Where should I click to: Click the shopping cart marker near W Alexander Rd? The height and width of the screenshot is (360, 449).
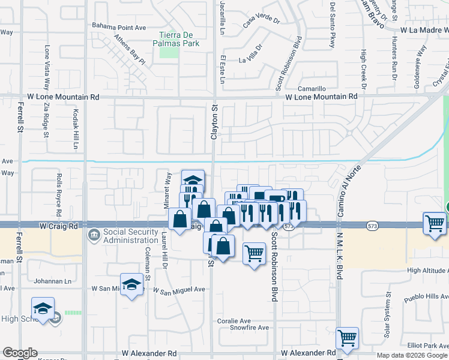point(347,338)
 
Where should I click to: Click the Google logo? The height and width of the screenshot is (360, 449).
point(20,353)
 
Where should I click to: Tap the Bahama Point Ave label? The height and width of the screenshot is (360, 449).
point(119,27)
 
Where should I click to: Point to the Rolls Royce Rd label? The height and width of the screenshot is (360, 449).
point(59,195)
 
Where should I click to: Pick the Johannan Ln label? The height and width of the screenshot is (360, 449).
point(52,280)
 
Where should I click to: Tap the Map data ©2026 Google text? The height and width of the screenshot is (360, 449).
point(411,355)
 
